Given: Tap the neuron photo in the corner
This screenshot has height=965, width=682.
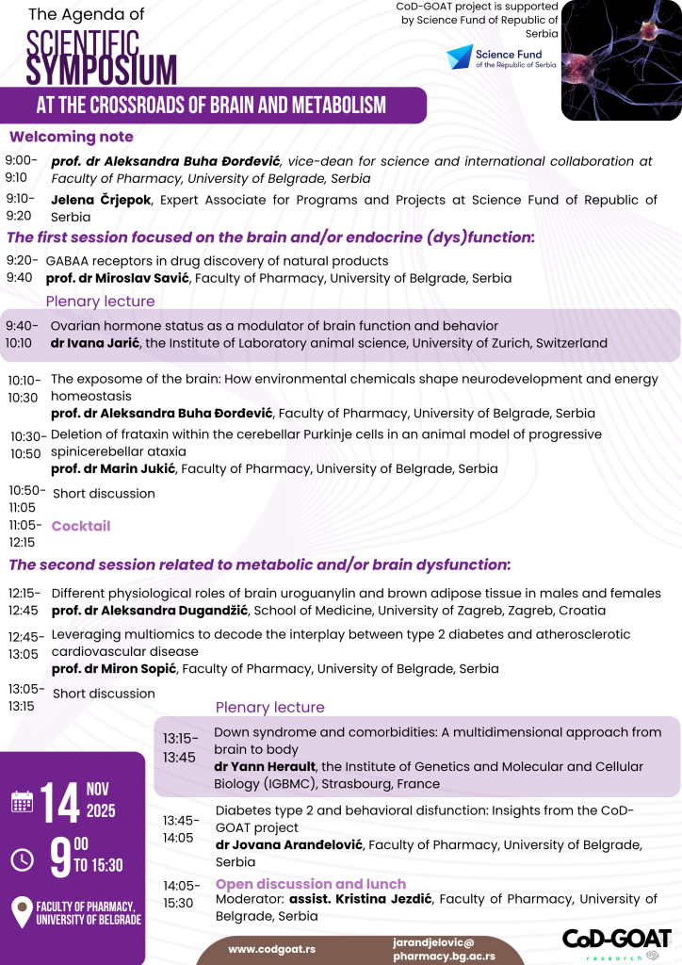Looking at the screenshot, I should [622, 60].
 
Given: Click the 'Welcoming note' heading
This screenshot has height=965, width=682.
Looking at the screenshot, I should [72, 137].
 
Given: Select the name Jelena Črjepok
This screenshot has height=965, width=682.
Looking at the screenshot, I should [104, 200].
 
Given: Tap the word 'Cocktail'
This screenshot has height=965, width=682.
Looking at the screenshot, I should [81, 526].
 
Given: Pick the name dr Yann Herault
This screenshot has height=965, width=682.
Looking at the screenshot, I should [265, 767].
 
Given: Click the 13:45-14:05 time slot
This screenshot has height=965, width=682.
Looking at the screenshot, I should [181, 828].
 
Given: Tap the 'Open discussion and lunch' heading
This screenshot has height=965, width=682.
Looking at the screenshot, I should [311, 884].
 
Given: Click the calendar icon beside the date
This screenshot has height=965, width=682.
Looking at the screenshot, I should [23, 802].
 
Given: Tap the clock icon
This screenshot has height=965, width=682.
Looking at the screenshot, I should [23, 859].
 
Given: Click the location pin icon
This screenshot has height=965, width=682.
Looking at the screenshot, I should [22, 912].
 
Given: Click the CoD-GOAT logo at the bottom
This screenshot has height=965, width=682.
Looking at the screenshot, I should [617, 941].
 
